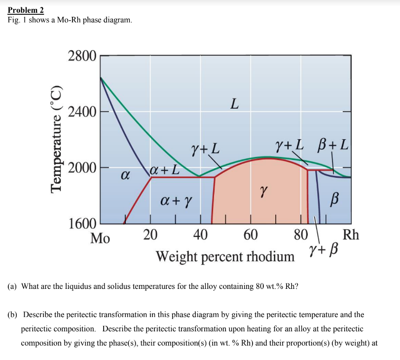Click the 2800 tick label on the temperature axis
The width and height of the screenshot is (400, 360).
pyautogui.click(x=82, y=56)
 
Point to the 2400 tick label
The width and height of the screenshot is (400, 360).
pyautogui.click(x=82, y=112)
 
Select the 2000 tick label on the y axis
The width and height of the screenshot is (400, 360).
pyautogui.click(x=82, y=168)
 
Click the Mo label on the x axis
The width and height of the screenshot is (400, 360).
pyautogui.click(x=101, y=238)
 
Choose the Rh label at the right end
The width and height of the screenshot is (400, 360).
pyautogui.click(x=351, y=234)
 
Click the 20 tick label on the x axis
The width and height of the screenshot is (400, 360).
pyautogui.click(x=150, y=234)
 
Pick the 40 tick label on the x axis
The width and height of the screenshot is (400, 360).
pyautogui.click(x=200, y=234)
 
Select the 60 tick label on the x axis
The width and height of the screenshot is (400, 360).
pyautogui.click(x=251, y=234)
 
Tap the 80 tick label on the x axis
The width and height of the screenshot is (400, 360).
pyautogui.click(x=300, y=234)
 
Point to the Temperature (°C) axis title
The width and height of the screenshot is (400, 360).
pyautogui.click(x=57, y=138)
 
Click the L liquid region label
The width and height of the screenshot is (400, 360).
pyautogui.click(x=234, y=104)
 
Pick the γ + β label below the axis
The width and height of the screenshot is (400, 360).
pyautogui.click(x=324, y=252)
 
